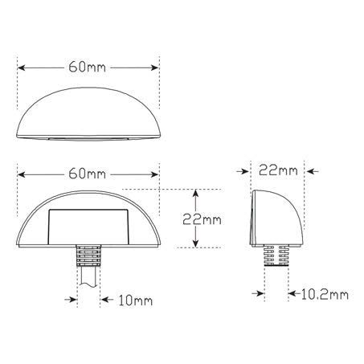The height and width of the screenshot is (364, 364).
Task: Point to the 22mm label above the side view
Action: coord(279,170)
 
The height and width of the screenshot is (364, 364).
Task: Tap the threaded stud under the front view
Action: coord(88,256)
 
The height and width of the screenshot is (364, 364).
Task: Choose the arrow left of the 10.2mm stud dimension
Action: coord(258,295)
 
